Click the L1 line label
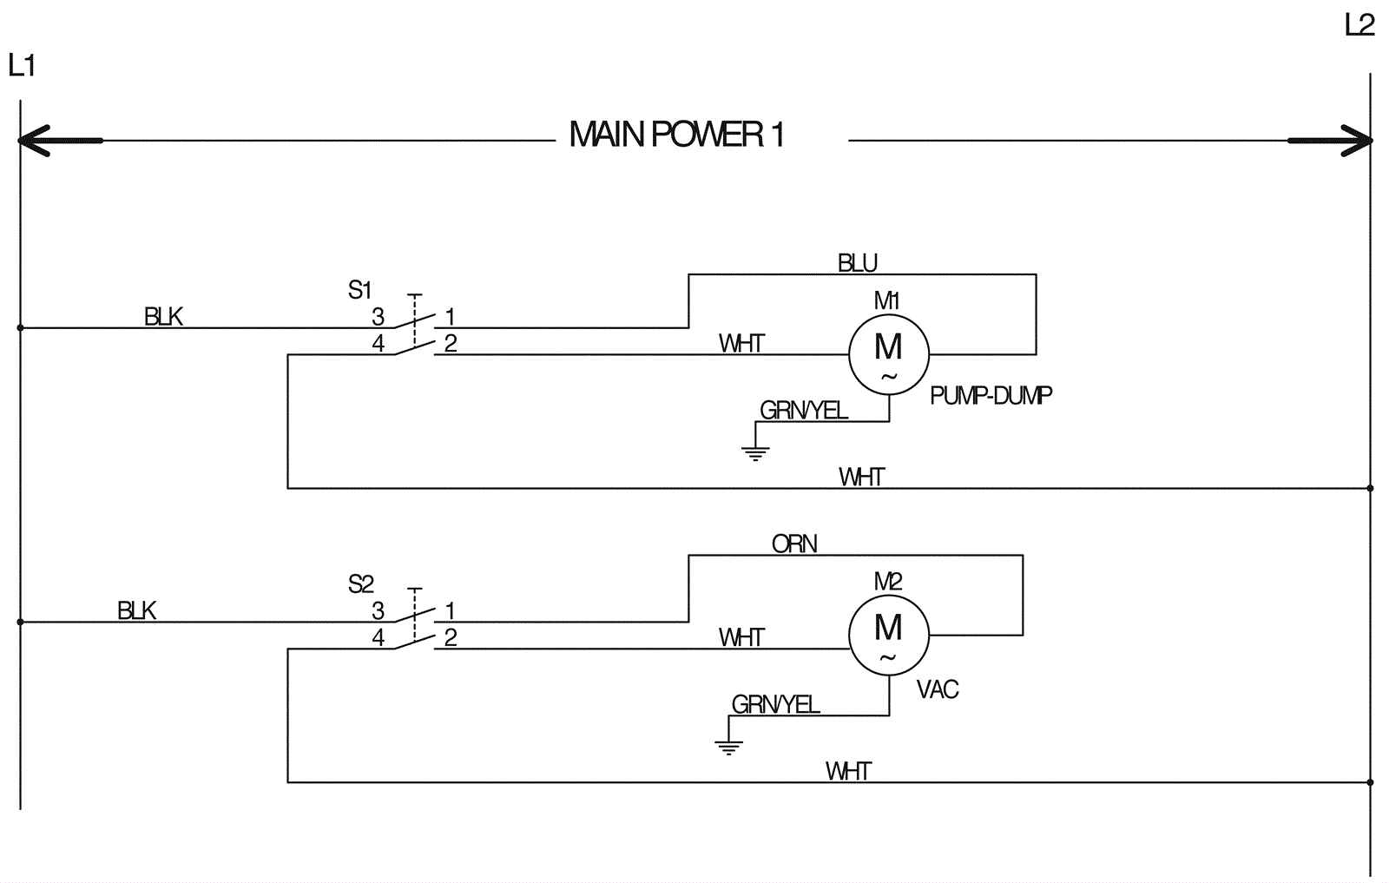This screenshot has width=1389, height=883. point(22,65)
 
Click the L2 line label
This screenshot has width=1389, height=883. point(1359,25)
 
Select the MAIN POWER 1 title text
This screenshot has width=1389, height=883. point(676,135)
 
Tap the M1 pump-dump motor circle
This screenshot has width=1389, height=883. point(888,354)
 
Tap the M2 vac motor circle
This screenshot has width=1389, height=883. point(888,635)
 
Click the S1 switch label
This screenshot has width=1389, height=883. point(359,290)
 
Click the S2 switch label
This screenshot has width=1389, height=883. point(360,584)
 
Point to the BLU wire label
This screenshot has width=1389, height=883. point(857,263)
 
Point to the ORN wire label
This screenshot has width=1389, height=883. point(794,544)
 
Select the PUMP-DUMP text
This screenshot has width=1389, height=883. point(991,396)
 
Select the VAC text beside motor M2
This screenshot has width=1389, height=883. point(938,690)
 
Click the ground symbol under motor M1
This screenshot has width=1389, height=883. point(755,451)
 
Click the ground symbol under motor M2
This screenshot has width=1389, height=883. point(728,746)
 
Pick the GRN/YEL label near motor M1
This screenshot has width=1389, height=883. point(803,410)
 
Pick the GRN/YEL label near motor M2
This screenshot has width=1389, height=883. point(775,704)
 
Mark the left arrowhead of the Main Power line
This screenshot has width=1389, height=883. point(35,141)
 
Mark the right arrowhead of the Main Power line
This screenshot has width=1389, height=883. point(1357,141)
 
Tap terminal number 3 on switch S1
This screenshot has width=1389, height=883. point(379,317)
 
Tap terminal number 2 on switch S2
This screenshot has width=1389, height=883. point(451,638)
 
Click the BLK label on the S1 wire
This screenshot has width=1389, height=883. point(163,317)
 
